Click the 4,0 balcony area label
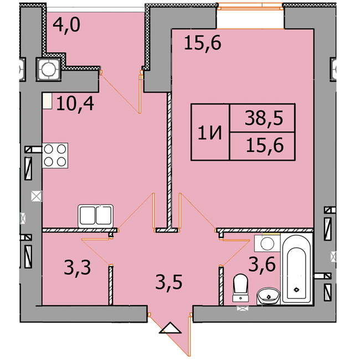coord(66,25)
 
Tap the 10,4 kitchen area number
coord(75,104)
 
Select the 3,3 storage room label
coord(78,268)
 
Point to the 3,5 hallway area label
coord(169,282)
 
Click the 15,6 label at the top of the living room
coord(203,43)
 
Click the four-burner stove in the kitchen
coord(55,156)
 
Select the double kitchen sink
coord(95,215)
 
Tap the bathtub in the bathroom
coord(296,268)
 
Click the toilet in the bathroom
coord(240,287)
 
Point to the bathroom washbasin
coord(269,296)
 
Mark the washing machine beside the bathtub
coord(267,243)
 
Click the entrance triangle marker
coord(170,328)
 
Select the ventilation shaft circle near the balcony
coord(48,69)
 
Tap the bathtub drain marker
coord(296,290)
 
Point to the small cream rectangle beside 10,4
coord(48,101)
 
